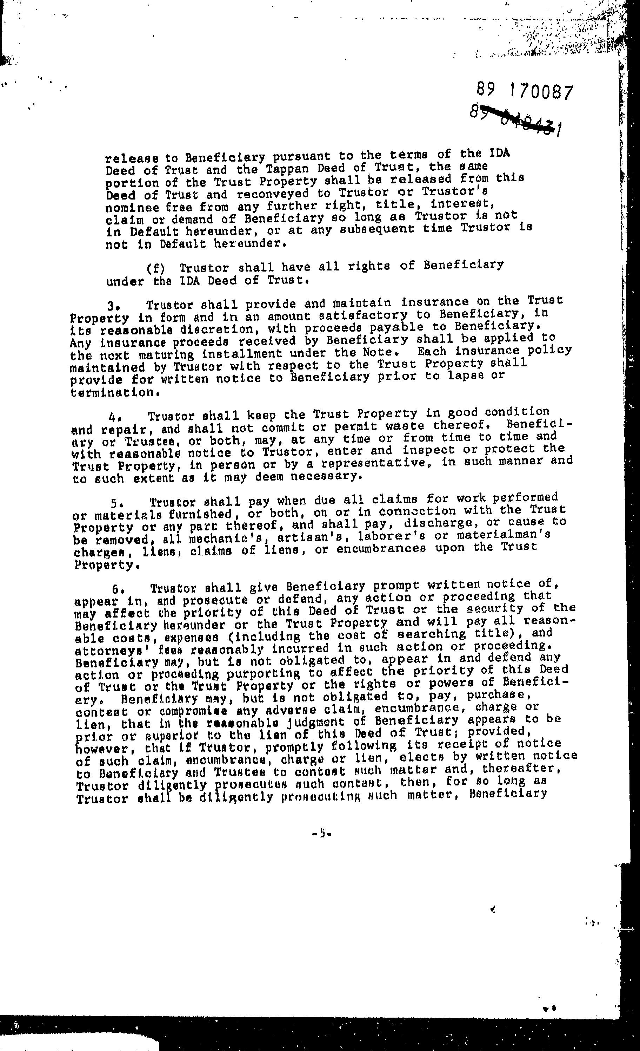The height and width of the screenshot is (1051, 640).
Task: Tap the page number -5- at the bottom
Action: coord(322,832)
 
